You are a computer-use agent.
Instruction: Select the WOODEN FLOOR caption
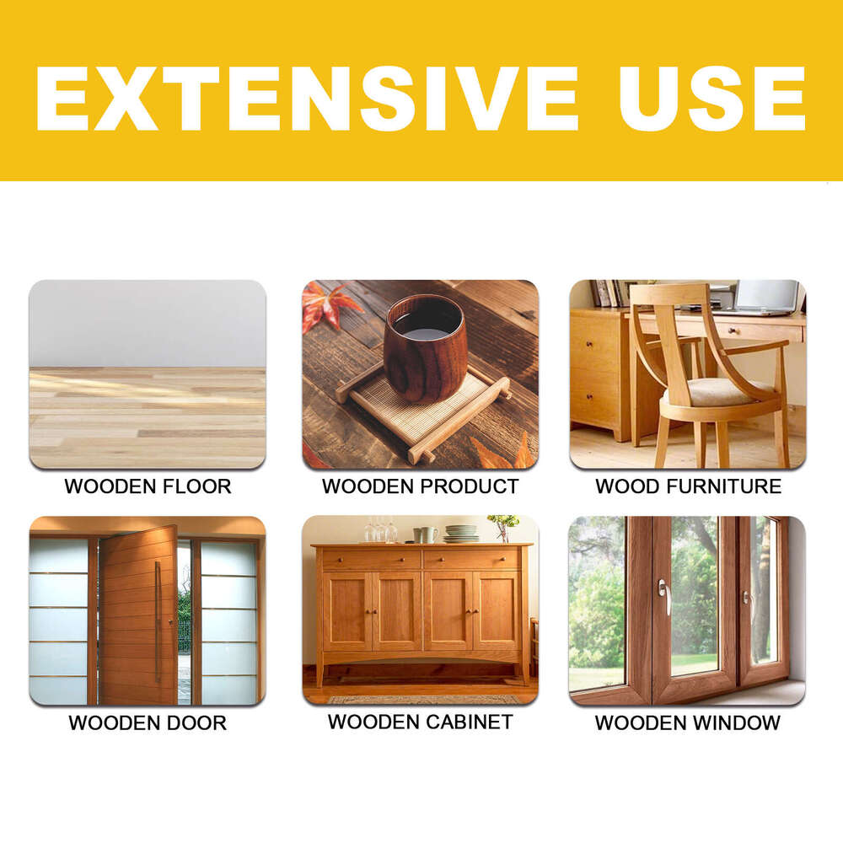point(148,486)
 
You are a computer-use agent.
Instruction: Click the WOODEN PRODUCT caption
point(420,486)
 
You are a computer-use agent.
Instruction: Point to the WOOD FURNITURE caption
point(688,486)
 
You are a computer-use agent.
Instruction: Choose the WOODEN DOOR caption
point(148,722)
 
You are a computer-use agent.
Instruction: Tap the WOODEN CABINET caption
point(420,722)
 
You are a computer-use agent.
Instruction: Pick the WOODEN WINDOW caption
point(688,722)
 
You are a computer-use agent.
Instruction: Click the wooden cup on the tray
point(424,347)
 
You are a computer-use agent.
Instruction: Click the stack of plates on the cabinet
point(461,534)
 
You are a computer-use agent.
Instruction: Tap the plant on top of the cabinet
point(503,526)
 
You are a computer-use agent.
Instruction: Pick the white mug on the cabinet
point(429,534)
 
